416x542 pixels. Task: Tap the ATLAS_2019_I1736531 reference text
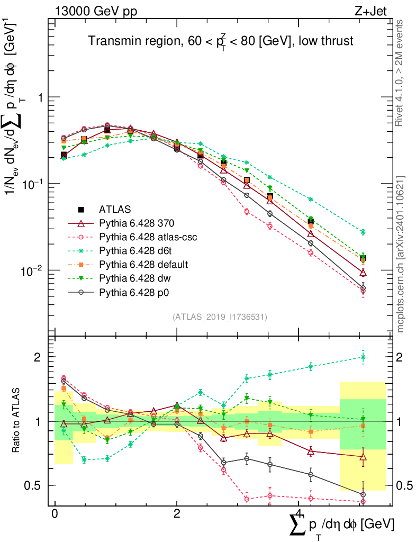point(220,317)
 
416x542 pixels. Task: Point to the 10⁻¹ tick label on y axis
point(31,184)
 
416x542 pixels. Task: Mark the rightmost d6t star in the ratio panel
point(363,357)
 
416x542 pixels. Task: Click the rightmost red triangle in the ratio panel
point(363,457)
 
